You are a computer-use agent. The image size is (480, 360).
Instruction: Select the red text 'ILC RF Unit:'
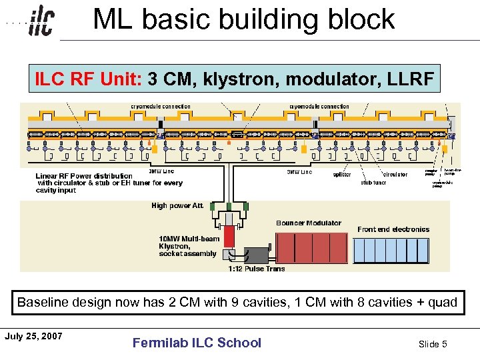tap(89, 79)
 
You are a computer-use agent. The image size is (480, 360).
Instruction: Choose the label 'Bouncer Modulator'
tap(308, 223)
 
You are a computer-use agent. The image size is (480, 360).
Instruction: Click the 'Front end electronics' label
tap(393, 229)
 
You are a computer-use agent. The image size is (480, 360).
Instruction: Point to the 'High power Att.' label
tap(178, 206)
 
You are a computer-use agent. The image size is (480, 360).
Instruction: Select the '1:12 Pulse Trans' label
tap(256, 269)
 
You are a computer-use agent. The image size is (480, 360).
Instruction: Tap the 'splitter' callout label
tap(342, 175)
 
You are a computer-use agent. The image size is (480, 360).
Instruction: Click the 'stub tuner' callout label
tap(373, 182)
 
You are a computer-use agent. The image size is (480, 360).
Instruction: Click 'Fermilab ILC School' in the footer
tap(197, 343)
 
